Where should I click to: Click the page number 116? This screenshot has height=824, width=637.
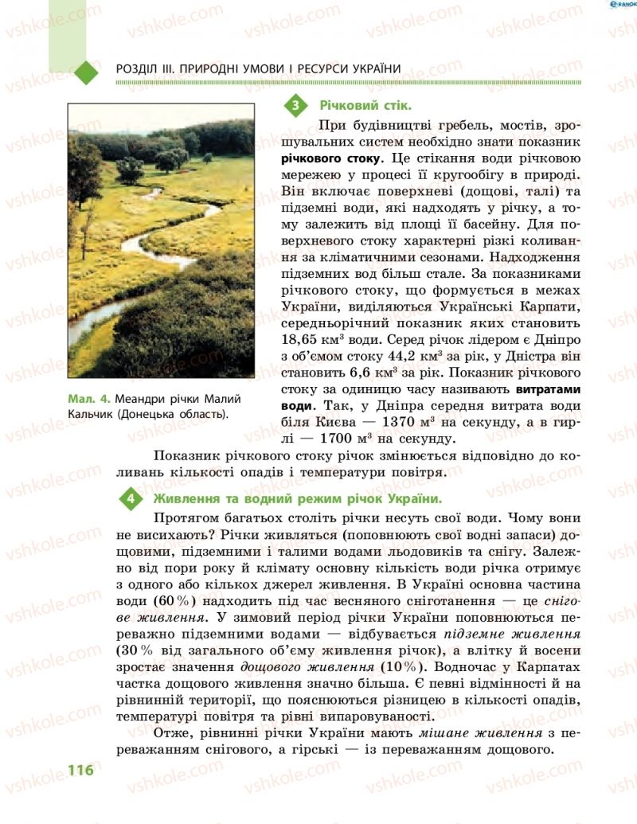[x=81, y=771]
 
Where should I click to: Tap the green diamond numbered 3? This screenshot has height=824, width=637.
[x=295, y=105]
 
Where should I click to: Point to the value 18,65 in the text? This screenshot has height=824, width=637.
[x=303, y=324]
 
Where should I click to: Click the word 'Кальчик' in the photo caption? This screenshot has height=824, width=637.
[x=92, y=414]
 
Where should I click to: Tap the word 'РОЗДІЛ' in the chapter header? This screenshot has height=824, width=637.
[x=137, y=69]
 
